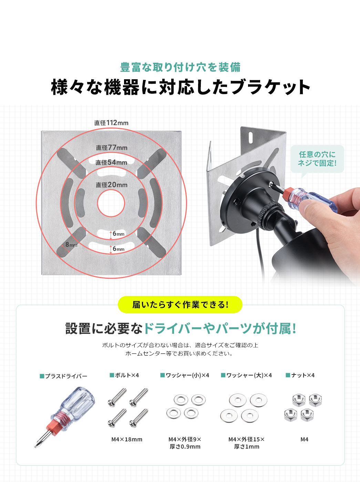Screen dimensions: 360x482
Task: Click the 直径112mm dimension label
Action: (x=111, y=123)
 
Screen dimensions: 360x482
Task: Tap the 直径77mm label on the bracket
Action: (x=112, y=147)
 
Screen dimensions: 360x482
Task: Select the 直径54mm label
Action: (x=111, y=163)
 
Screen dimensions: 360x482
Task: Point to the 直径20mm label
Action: (x=112, y=185)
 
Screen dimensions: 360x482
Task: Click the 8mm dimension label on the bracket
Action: (x=71, y=245)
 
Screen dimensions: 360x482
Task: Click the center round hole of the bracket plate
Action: (x=111, y=203)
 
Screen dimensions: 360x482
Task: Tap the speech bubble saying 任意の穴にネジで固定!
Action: (x=317, y=159)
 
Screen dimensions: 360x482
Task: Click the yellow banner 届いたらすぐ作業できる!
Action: (x=180, y=305)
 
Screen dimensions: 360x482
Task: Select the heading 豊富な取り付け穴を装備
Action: (x=180, y=67)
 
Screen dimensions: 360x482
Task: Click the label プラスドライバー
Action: (x=64, y=376)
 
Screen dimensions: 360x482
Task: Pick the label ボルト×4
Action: (x=124, y=375)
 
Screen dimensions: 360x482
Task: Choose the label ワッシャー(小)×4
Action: (x=185, y=375)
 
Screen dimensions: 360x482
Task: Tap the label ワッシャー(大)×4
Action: (x=246, y=375)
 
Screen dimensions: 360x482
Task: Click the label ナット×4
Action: (x=300, y=375)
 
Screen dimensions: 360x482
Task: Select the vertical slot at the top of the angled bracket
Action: (x=250, y=138)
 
